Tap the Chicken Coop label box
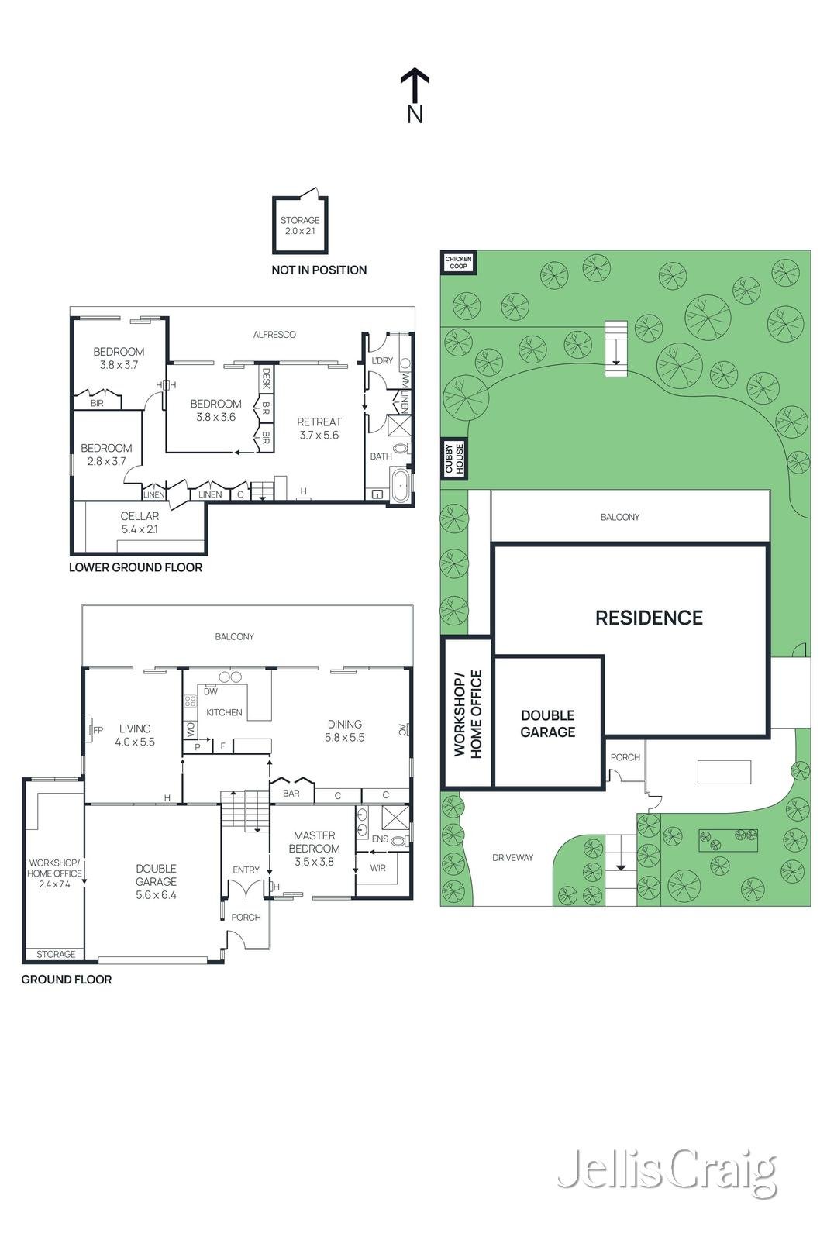click(x=458, y=263)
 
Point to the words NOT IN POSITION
click(x=319, y=270)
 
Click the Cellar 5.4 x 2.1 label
click(x=140, y=522)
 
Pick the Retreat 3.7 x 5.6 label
click(x=319, y=429)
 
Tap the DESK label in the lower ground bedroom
click(x=266, y=378)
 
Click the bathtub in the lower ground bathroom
click(x=401, y=484)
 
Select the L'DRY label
click(x=382, y=360)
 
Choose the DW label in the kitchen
click(x=211, y=691)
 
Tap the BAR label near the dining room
click(x=291, y=794)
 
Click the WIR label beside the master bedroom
click(x=378, y=868)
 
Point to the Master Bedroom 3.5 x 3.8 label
click(x=314, y=848)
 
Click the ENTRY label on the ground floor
click(x=246, y=870)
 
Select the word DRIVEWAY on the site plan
click(x=512, y=857)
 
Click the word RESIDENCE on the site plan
click(x=649, y=618)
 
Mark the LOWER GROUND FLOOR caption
click(x=136, y=567)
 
